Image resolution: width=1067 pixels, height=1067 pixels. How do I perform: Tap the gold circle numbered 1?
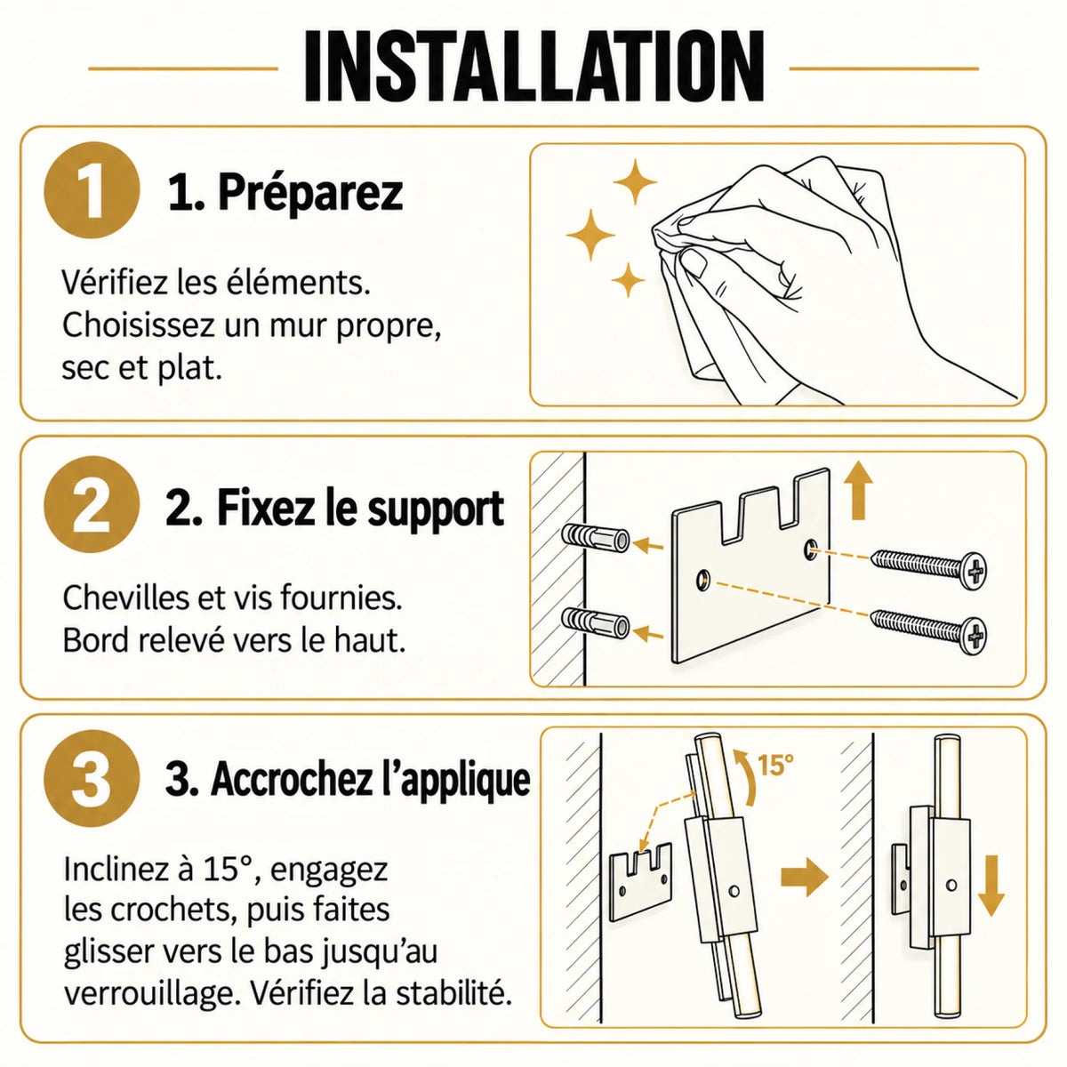92,190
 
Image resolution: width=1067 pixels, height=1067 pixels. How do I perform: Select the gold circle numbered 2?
92,504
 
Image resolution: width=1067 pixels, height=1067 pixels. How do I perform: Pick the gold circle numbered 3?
92,779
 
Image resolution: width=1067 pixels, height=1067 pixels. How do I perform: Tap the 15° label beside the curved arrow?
774,766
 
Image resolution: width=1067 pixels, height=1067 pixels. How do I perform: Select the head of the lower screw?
973,637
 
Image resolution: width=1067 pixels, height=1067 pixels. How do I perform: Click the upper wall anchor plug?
595,538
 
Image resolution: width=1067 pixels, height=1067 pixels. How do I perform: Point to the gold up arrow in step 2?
859,490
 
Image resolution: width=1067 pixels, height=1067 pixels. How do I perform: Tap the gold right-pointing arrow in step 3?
805,877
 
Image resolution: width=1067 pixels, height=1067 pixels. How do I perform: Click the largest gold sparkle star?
590,235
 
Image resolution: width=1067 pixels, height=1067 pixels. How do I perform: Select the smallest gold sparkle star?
628,280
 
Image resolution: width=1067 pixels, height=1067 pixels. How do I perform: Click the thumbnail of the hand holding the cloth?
777,275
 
